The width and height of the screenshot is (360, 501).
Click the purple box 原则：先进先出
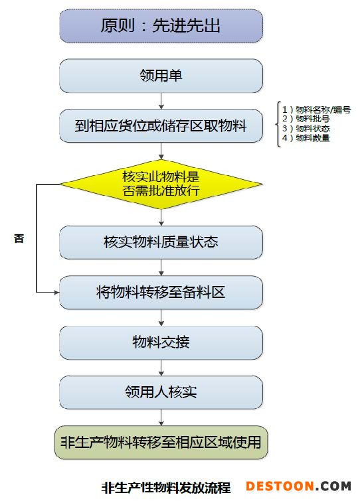coord(161,26)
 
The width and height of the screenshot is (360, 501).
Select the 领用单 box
coord(161,76)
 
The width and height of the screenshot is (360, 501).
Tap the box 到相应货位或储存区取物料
coord(161,125)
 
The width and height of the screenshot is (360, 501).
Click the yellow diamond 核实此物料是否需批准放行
coord(161,184)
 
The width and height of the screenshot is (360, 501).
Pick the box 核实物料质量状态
coord(161,242)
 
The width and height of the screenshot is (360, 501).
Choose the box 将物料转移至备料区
coord(161,293)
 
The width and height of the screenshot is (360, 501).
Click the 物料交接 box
coord(161,342)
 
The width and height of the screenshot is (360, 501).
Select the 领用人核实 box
coord(161,392)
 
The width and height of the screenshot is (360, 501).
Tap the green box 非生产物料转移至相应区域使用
coord(161,443)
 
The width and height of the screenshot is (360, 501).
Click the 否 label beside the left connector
coord(19,238)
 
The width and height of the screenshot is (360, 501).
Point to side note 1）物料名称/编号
coord(317,110)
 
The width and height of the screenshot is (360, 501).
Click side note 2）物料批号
coord(306,119)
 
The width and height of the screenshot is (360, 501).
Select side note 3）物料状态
coord(306,129)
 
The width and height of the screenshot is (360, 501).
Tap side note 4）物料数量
coord(306,138)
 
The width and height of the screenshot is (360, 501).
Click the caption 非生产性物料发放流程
coord(166,488)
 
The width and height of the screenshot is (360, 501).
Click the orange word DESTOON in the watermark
coord(280,486)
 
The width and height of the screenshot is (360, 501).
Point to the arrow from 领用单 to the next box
coord(161,101)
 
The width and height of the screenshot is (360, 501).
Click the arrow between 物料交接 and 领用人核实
coord(161,368)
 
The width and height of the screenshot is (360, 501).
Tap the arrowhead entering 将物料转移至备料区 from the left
coord(57,292)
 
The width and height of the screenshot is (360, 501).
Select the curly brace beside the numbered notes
coord(278,124)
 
